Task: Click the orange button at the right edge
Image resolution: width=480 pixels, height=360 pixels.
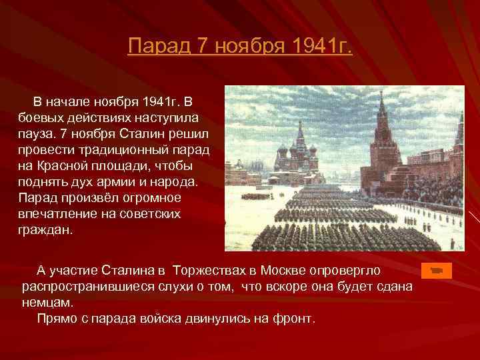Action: click(x=437, y=270)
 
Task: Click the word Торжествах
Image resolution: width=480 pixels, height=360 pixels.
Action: click(x=209, y=270)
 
